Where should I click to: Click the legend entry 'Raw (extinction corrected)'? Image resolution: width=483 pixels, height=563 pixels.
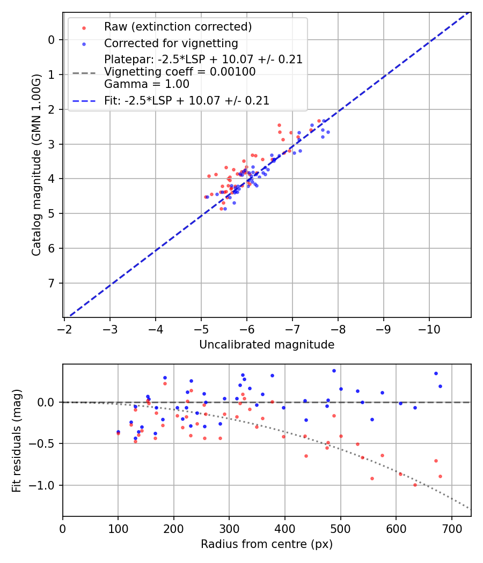pyautogui.click(x=178, y=27)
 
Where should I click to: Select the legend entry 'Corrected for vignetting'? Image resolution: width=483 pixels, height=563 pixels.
pyautogui.click(x=171, y=43)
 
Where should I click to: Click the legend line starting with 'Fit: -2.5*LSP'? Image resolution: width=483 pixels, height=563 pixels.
pyautogui.click(x=186, y=100)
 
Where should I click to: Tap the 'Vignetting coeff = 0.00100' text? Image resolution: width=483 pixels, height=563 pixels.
pyautogui.click(x=180, y=72)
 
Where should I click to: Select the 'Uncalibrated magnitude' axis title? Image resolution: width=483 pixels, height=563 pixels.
pyautogui.click(x=267, y=345)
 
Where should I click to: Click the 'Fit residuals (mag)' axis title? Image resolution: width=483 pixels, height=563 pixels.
pyautogui.click(x=17, y=440)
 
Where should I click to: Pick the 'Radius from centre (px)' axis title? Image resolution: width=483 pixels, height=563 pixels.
pyautogui.click(x=267, y=544)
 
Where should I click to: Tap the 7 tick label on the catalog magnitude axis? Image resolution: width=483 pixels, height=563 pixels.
pyautogui.click(x=51, y=283)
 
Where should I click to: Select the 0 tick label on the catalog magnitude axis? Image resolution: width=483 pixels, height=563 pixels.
pyautogui.click(x=51, y=40)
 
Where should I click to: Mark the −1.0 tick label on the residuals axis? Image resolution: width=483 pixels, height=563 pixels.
pyautogui.click(x=43, y=485)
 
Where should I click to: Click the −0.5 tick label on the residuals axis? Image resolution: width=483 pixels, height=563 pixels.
pyautogui.click(x=43, y=444)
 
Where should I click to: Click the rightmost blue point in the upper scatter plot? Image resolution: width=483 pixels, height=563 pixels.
pyautogui.click(x=328, y=132)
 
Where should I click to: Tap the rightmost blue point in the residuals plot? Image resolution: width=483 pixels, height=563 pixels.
pyautogui.click(x=440, y=386)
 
